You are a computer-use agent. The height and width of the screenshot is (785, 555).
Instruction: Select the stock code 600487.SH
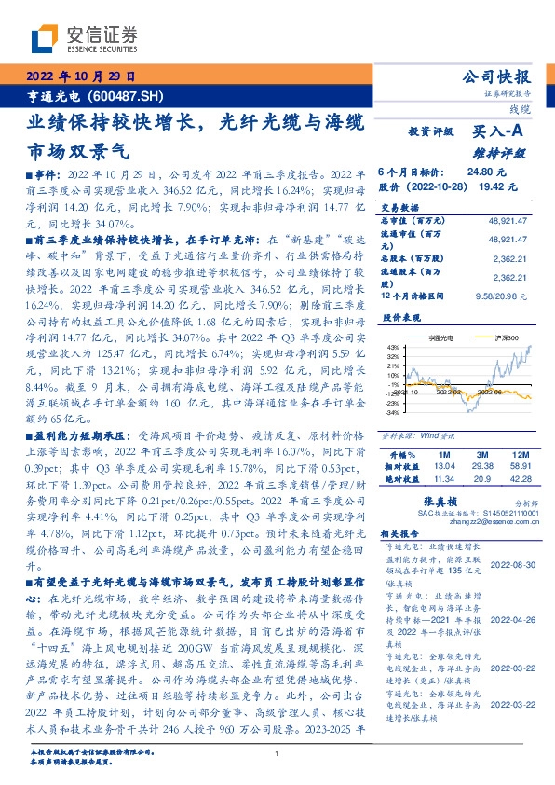click(126, 95)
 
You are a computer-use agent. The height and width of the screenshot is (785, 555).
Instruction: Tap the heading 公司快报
click(498, 77)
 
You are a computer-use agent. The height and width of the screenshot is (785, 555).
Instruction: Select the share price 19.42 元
click(498, 186)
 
